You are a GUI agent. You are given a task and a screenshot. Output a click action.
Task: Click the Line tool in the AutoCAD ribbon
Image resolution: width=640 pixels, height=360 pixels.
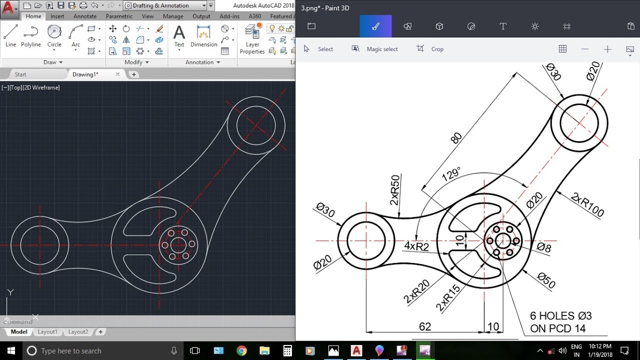(10, 36)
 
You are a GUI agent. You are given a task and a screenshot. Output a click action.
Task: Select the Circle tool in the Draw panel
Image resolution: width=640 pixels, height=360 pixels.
(54, 36)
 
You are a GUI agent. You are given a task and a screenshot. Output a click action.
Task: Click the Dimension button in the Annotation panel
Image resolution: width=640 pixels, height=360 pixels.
(203, 36)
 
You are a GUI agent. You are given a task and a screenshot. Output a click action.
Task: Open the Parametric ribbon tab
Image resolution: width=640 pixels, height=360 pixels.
(119, 16)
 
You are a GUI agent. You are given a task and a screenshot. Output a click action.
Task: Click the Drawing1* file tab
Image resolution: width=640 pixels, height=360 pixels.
(85, 74)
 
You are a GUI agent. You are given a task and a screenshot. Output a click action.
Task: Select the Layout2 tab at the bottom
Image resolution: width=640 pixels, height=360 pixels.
(78, 332)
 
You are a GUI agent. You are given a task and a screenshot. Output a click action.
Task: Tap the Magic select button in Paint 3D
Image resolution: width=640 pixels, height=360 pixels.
(375, 49)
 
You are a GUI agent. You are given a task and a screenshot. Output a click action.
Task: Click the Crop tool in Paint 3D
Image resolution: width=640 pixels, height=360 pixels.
(430, 49)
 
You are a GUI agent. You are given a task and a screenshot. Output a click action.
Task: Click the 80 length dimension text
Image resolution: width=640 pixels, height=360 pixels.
(456, 138)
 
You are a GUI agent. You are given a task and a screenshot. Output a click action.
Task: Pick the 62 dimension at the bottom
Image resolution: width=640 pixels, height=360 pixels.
(425, 326)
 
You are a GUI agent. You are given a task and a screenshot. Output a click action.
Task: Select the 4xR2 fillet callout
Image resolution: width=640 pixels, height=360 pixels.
(416, 246)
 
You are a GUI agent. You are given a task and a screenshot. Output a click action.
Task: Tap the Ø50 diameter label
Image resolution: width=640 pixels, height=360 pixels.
(546, 280)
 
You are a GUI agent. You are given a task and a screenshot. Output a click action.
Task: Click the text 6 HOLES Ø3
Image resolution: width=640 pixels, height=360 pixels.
(560, 316)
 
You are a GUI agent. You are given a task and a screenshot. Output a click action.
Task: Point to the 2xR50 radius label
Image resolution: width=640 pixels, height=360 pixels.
(395, 190)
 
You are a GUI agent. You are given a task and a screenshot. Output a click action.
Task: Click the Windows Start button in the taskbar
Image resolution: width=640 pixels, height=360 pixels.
(10, 350)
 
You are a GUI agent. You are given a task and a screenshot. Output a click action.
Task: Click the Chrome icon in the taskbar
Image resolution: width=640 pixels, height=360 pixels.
(241, 350)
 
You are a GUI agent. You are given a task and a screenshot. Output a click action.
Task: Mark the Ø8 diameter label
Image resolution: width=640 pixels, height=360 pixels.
(544, 247)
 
